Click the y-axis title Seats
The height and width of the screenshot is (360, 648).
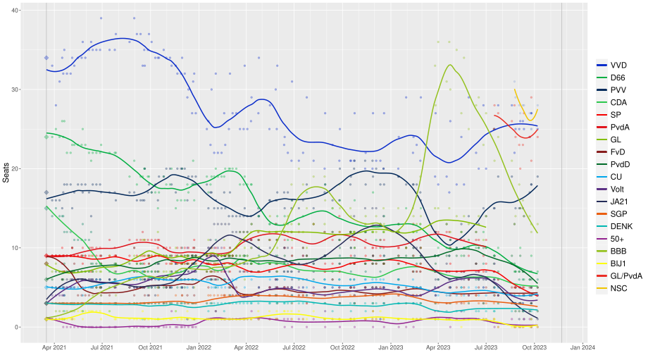(6, 172)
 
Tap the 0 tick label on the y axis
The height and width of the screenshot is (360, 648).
(16, 327)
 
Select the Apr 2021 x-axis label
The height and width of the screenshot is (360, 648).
(54, 347)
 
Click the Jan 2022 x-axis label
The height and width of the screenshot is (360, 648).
(199, 347)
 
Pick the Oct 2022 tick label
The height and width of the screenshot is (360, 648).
(342, 347)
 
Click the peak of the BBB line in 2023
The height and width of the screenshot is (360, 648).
(450, 65)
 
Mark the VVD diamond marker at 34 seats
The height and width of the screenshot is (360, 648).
(46, 58)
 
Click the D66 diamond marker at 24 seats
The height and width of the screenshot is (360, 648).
(46, 137)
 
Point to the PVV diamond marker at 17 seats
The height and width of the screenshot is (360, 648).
(46, 192)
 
